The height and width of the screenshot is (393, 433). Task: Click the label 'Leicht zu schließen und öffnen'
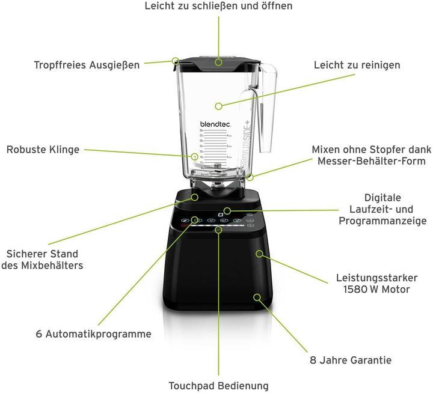[x=218, y=6]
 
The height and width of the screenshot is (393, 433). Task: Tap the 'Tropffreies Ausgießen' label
[x=87, y=64]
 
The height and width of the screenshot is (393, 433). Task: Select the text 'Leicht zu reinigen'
[x=357, y=64]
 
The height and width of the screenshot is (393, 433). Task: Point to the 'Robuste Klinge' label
[x=43, y=150]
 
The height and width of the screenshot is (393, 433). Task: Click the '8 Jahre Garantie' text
[x=350, y=360]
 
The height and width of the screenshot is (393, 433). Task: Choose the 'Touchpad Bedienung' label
[x=218, y=385]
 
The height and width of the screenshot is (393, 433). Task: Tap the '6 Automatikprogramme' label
[x=93, y=334]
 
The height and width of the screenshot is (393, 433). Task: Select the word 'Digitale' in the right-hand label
[x=382, y=197]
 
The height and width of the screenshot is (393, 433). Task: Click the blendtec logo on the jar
[x=215, y=124]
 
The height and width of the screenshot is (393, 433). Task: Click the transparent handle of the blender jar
[x=266, y=114]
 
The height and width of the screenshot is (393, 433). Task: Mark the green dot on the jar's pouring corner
[x=176, y=61]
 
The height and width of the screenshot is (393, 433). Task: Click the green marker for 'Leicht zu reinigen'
[x=219, y=106]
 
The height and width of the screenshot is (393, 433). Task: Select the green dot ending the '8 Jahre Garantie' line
[x=257, y=297]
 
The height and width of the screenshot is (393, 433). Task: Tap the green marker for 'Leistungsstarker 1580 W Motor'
[x=259, y=254]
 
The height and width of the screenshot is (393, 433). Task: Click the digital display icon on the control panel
[x=227, y=211]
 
